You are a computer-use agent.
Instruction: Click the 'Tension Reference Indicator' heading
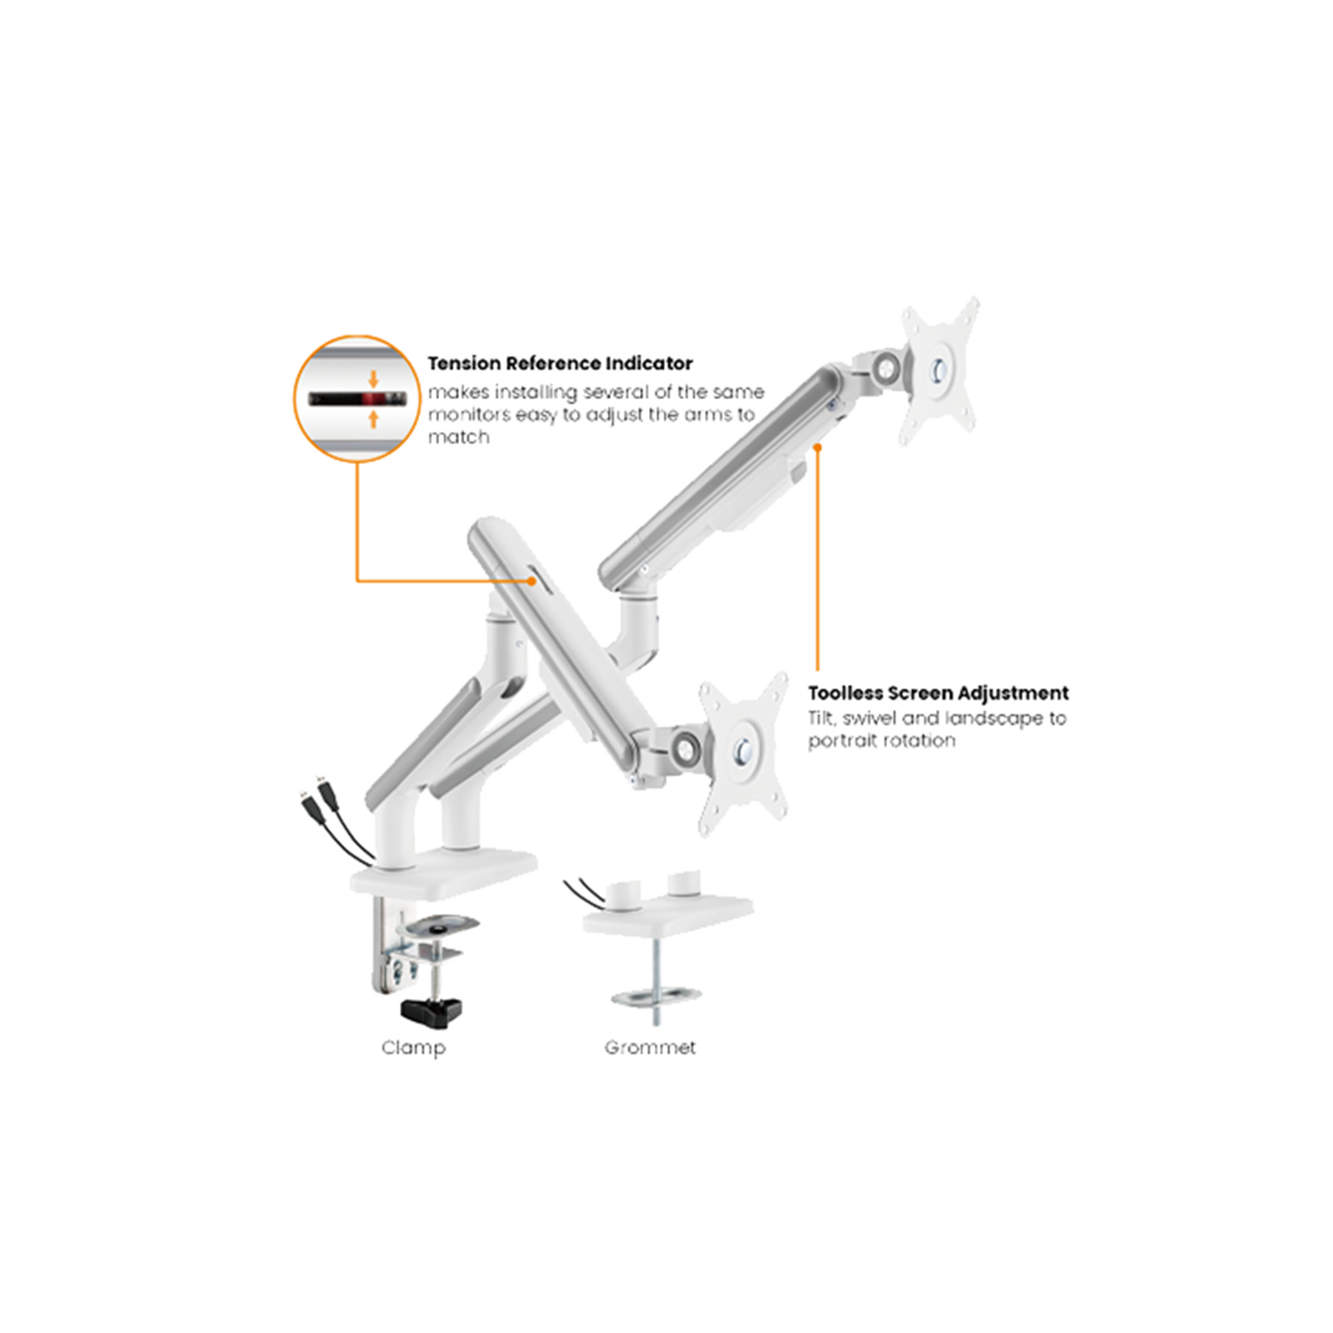560,363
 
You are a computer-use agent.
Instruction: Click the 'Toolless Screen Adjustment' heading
937,693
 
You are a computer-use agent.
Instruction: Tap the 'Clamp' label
413,1048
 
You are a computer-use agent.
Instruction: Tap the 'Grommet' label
650,1048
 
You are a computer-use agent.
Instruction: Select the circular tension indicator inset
357,398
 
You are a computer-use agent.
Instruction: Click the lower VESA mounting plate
743,751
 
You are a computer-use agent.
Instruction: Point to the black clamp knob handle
431,1011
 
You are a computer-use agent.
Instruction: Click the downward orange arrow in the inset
373,379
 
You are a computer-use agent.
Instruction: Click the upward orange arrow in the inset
373,418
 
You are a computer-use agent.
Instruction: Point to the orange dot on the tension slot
532,581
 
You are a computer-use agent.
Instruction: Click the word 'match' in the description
458,437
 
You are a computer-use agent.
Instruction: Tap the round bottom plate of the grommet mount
656,996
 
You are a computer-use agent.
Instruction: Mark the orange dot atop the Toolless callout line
817,447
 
